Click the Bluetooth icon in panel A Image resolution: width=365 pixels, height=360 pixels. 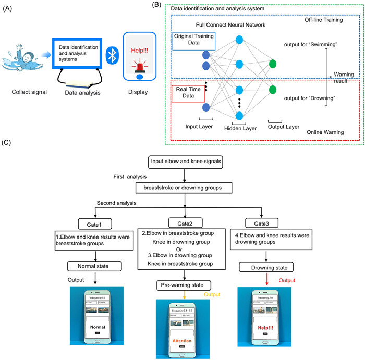click(111, 54)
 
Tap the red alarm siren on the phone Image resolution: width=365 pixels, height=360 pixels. click(139, 66)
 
